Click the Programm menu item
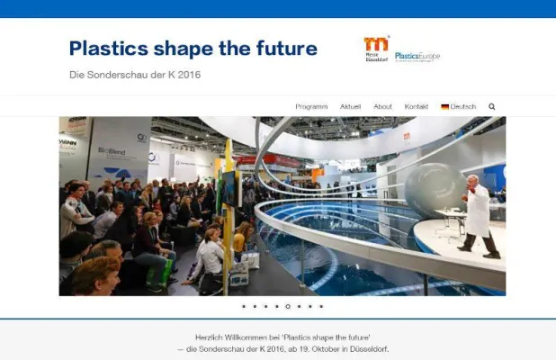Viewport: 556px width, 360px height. coord(311,106)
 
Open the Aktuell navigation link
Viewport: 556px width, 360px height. coord(350,106)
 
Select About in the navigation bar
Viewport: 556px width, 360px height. coord(382,106)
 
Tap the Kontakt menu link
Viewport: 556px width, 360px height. coord(417,106)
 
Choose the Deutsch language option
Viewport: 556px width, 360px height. coord(463,106)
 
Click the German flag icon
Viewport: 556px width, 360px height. coord(444,106)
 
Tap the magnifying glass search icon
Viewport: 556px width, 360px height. coord(492,106)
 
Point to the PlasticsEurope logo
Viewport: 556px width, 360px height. coord(417,56)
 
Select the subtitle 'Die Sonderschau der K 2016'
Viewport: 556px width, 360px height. coord(134,74)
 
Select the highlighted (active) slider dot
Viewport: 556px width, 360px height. coord(288,306)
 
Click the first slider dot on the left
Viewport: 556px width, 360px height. coord(244,306)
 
